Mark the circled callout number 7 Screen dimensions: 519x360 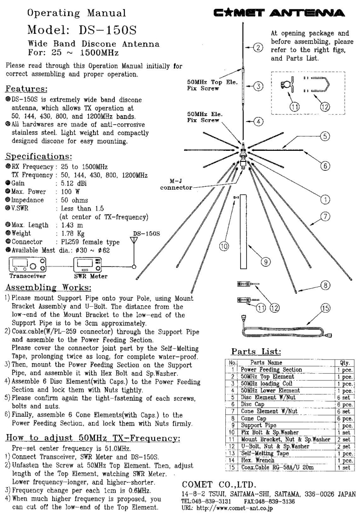[x=327, y=216]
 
